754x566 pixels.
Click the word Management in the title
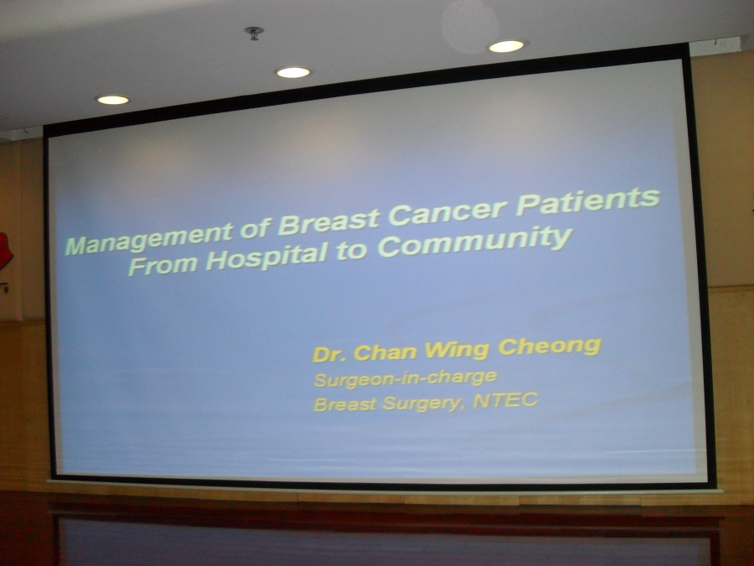click(150, 237)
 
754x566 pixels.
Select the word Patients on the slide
click(587, 201)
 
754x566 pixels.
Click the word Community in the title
click(475, 242)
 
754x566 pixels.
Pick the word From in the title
click(163, 266)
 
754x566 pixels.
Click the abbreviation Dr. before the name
click(330, 355)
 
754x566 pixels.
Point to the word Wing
click(457, 350)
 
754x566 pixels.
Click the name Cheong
click(550, 347)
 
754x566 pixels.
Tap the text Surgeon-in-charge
click(405, 379)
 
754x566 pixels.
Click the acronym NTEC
click(505, 401)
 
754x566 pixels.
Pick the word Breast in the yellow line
click(345, 404)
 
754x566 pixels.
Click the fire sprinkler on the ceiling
click(254, 34)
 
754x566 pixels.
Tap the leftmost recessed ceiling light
click(113, 100)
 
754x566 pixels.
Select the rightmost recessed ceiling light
click(506, 46)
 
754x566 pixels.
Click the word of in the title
click(256, 227)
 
